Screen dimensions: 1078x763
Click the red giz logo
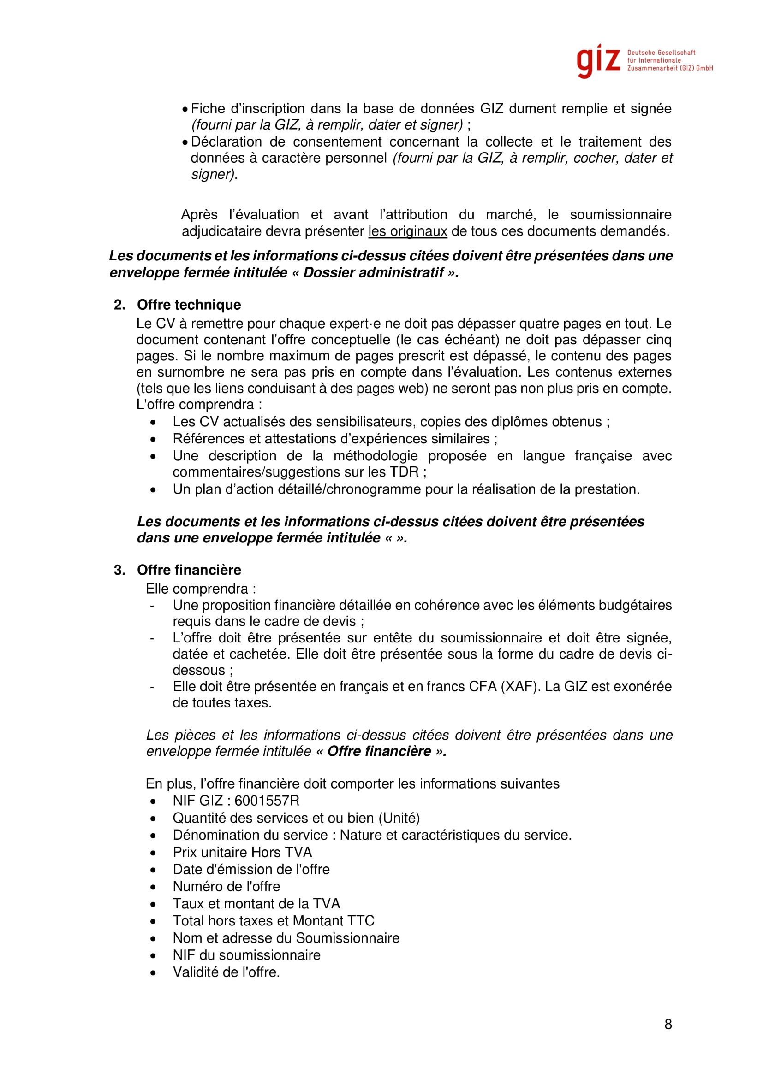599,61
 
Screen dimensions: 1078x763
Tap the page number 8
668,1024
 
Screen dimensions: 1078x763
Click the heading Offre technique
189,305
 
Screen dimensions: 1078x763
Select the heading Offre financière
189,570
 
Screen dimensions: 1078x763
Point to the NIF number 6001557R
266,801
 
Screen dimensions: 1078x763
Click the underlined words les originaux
407,231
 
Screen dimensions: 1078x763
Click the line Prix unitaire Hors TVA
242,852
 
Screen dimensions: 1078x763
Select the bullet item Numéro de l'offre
226,886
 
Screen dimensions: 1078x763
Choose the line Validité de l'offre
226,972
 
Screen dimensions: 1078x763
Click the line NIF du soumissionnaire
246,955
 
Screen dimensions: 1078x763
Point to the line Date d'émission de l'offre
251,869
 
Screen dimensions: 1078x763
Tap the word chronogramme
374,489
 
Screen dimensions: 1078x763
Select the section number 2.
119,305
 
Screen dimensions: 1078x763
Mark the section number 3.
119,570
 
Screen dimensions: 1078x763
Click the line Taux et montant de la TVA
256,903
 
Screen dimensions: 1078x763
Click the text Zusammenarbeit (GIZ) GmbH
670,69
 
